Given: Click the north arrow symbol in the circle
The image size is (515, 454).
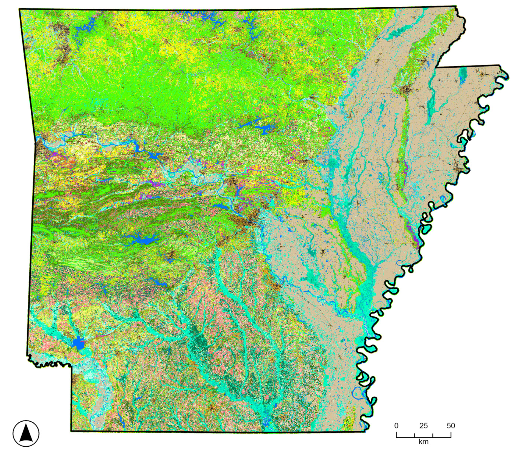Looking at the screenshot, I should [26, 433].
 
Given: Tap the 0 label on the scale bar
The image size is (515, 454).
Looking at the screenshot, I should [396, 426].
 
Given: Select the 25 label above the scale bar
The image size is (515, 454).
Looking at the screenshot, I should [424, 426].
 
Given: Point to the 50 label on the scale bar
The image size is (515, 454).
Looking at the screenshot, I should [451, 426].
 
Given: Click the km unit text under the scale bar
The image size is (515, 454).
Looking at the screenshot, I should [424, 442].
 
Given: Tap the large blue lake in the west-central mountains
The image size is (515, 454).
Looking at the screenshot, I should [144, 240].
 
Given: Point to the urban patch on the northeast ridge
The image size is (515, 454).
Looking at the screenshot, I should [406, 90].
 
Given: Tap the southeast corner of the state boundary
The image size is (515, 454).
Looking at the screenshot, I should [365, 432].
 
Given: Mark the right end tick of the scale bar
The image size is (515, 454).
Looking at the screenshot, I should [451, 435].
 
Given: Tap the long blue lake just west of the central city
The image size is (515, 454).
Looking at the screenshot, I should [220, 207].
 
